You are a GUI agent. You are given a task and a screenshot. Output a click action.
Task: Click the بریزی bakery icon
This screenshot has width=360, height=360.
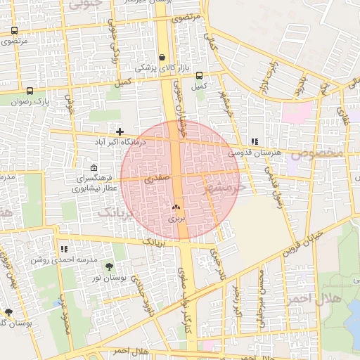pyautogui.click(x=176, y=207)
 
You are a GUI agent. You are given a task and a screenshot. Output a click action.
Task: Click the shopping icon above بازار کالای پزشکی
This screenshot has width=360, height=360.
pyautogui.click(x=162, y=58)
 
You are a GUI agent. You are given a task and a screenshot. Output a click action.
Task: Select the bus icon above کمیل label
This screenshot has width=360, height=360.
pyautogui.click(x=199, y=75)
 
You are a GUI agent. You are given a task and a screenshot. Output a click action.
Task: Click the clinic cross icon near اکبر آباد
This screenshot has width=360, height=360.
pyautogui.click(x=120, y=131)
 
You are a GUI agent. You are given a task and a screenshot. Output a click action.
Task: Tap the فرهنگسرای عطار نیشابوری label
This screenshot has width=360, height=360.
pyautogui.click(x=96, y=184)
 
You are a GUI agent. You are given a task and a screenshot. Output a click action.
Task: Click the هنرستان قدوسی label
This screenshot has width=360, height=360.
pyautogui.click(x=255, y=152)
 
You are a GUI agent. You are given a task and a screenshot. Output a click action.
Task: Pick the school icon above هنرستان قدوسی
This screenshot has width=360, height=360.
pyautogui.click(x=254, y=141)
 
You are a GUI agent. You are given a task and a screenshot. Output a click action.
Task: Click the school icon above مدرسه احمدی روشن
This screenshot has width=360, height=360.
pyautogui.click(x=65, y=249)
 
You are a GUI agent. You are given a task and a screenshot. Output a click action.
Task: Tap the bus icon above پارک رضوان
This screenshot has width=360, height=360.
pyautogui.click(x=30, y=91)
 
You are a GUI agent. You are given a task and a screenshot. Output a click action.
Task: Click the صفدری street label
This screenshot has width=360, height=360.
pyautogui.click(x=157, y=180)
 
